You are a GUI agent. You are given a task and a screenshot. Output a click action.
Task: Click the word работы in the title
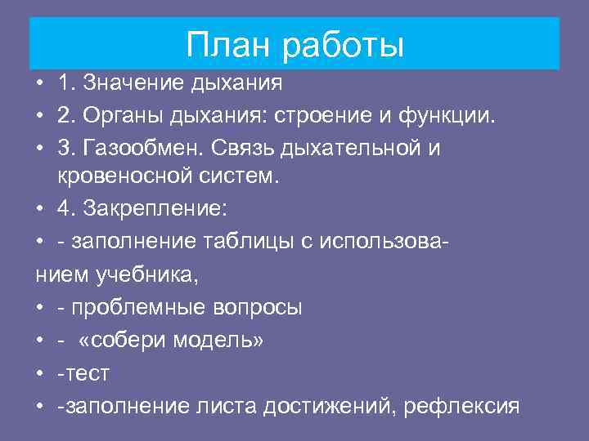(x=344, y=46)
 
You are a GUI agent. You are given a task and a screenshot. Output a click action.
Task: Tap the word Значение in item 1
(x=124, y=83)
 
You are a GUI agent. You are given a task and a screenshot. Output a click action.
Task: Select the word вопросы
(x=261, y=307)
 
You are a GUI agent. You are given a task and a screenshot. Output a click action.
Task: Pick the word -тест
(x=83, y=372)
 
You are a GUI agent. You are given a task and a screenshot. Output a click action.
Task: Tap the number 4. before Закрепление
(x=65, y=209)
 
